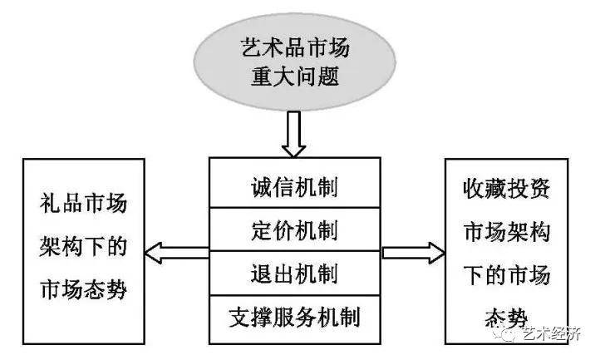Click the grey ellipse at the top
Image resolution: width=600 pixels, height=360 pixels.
click(x=294, y=62)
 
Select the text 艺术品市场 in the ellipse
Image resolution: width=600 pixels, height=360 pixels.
click(x=295, y=48)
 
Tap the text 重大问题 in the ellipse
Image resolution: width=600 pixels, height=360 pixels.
click(x=295, y=76)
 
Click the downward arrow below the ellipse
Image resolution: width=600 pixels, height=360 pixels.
click(x=293, y=134)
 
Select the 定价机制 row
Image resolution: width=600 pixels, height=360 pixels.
click(x=295, y=229)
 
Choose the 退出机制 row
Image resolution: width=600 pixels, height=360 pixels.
click(x=295, y=273)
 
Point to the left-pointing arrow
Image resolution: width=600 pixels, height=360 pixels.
click(x=177, y=253)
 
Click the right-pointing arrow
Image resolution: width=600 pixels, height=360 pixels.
click(x=413, y=253)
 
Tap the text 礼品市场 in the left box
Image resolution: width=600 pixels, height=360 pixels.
click(x=83, y=203)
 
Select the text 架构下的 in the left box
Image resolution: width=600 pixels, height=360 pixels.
click(x=83, y=246)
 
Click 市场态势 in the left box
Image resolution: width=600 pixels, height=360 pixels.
click(x=83, y=289)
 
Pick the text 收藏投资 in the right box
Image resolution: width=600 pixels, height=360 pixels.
click(x=507, y=189)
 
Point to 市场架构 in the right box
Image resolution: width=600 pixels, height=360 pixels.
click(x=507, y=232)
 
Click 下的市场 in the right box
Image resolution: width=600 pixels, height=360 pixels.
click(x=507, y=275)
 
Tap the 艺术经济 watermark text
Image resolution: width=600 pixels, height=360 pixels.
click(x=552, y=334)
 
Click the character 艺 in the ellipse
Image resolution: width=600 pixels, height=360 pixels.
click(x=252, y=48)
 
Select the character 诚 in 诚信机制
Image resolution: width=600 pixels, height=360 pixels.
click(x=262, y=188)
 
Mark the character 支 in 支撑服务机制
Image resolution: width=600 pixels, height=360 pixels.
click(x=240, y=317)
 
